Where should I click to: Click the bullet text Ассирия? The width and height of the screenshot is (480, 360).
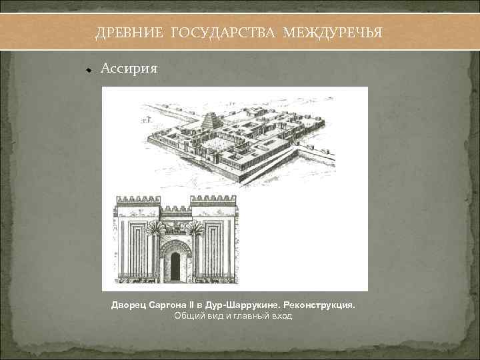129,68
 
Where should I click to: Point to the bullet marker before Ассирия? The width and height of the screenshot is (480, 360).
87,69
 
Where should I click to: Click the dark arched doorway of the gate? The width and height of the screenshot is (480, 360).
175,266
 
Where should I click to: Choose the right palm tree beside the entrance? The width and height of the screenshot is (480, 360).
195,230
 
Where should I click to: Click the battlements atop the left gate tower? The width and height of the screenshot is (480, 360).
138,199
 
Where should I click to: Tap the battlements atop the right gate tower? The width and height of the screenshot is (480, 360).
213,199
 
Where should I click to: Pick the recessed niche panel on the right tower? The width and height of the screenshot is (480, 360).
215,250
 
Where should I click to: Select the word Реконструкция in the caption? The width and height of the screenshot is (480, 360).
323,305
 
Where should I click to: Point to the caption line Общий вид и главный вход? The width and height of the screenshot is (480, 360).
233,315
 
